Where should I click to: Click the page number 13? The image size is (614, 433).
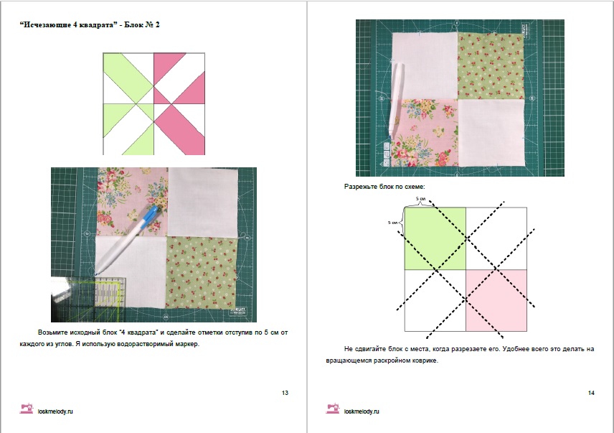coord(285,393)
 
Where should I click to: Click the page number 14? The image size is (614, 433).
coord(591,393)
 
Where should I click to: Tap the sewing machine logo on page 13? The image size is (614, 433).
coord(27,409)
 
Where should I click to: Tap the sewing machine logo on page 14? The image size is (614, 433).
coord(332,409)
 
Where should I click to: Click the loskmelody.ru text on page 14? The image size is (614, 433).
coord(362,411)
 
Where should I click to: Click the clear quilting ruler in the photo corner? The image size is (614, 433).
coord(88,299)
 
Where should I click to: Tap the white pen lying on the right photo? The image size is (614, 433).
coord(395,101)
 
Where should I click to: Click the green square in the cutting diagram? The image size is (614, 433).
coord(435,238)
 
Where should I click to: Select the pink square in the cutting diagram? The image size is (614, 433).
coord(496,300)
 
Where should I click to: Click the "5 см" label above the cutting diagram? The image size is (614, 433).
coord(420,199)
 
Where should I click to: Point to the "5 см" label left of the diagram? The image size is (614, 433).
coord(392,223)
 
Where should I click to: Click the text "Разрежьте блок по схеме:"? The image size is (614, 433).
coord(384,187)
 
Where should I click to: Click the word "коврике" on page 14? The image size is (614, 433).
coord(425,360)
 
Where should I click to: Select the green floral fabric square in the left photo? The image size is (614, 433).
coord(202,272)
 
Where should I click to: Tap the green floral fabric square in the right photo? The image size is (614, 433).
coord(491,66)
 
